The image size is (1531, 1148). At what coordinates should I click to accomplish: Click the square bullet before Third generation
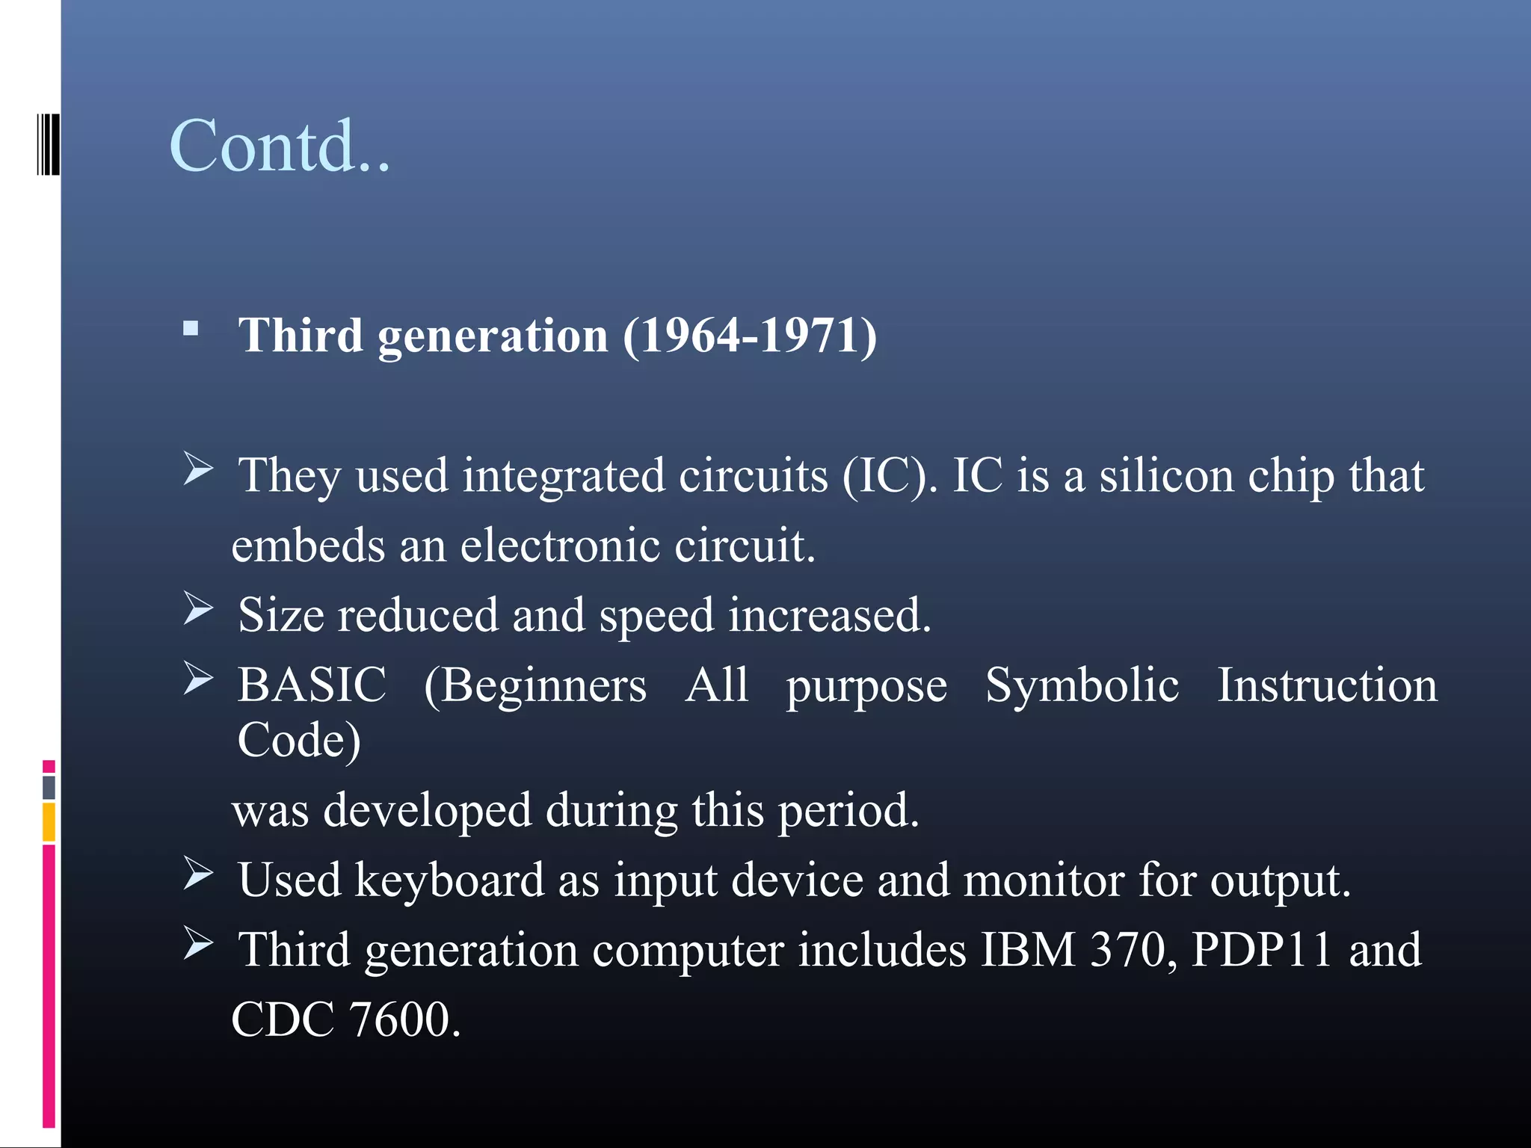(x=191, y=328)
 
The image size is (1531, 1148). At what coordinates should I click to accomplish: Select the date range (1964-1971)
(x=750, y=335)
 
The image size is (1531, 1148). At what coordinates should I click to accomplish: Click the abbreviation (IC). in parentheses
(x=890, y=475)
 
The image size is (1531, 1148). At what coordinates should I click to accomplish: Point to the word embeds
(x=308, y=545)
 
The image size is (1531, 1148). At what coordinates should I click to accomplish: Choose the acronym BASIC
(x=312, y=685)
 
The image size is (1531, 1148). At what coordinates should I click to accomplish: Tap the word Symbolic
(x=1082, y=685)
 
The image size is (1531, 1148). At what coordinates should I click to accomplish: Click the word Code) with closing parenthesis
(x=299, y=740)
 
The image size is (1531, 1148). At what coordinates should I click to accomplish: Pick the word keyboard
(x=449, y=880)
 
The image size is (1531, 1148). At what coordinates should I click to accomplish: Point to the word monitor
(x=1044, y=880)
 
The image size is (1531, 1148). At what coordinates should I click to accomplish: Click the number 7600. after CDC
(x=404, y=1019)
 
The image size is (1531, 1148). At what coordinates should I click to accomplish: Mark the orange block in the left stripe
(x=49, y=822)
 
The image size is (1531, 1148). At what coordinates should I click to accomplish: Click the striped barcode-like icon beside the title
(x=49, y=144)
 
